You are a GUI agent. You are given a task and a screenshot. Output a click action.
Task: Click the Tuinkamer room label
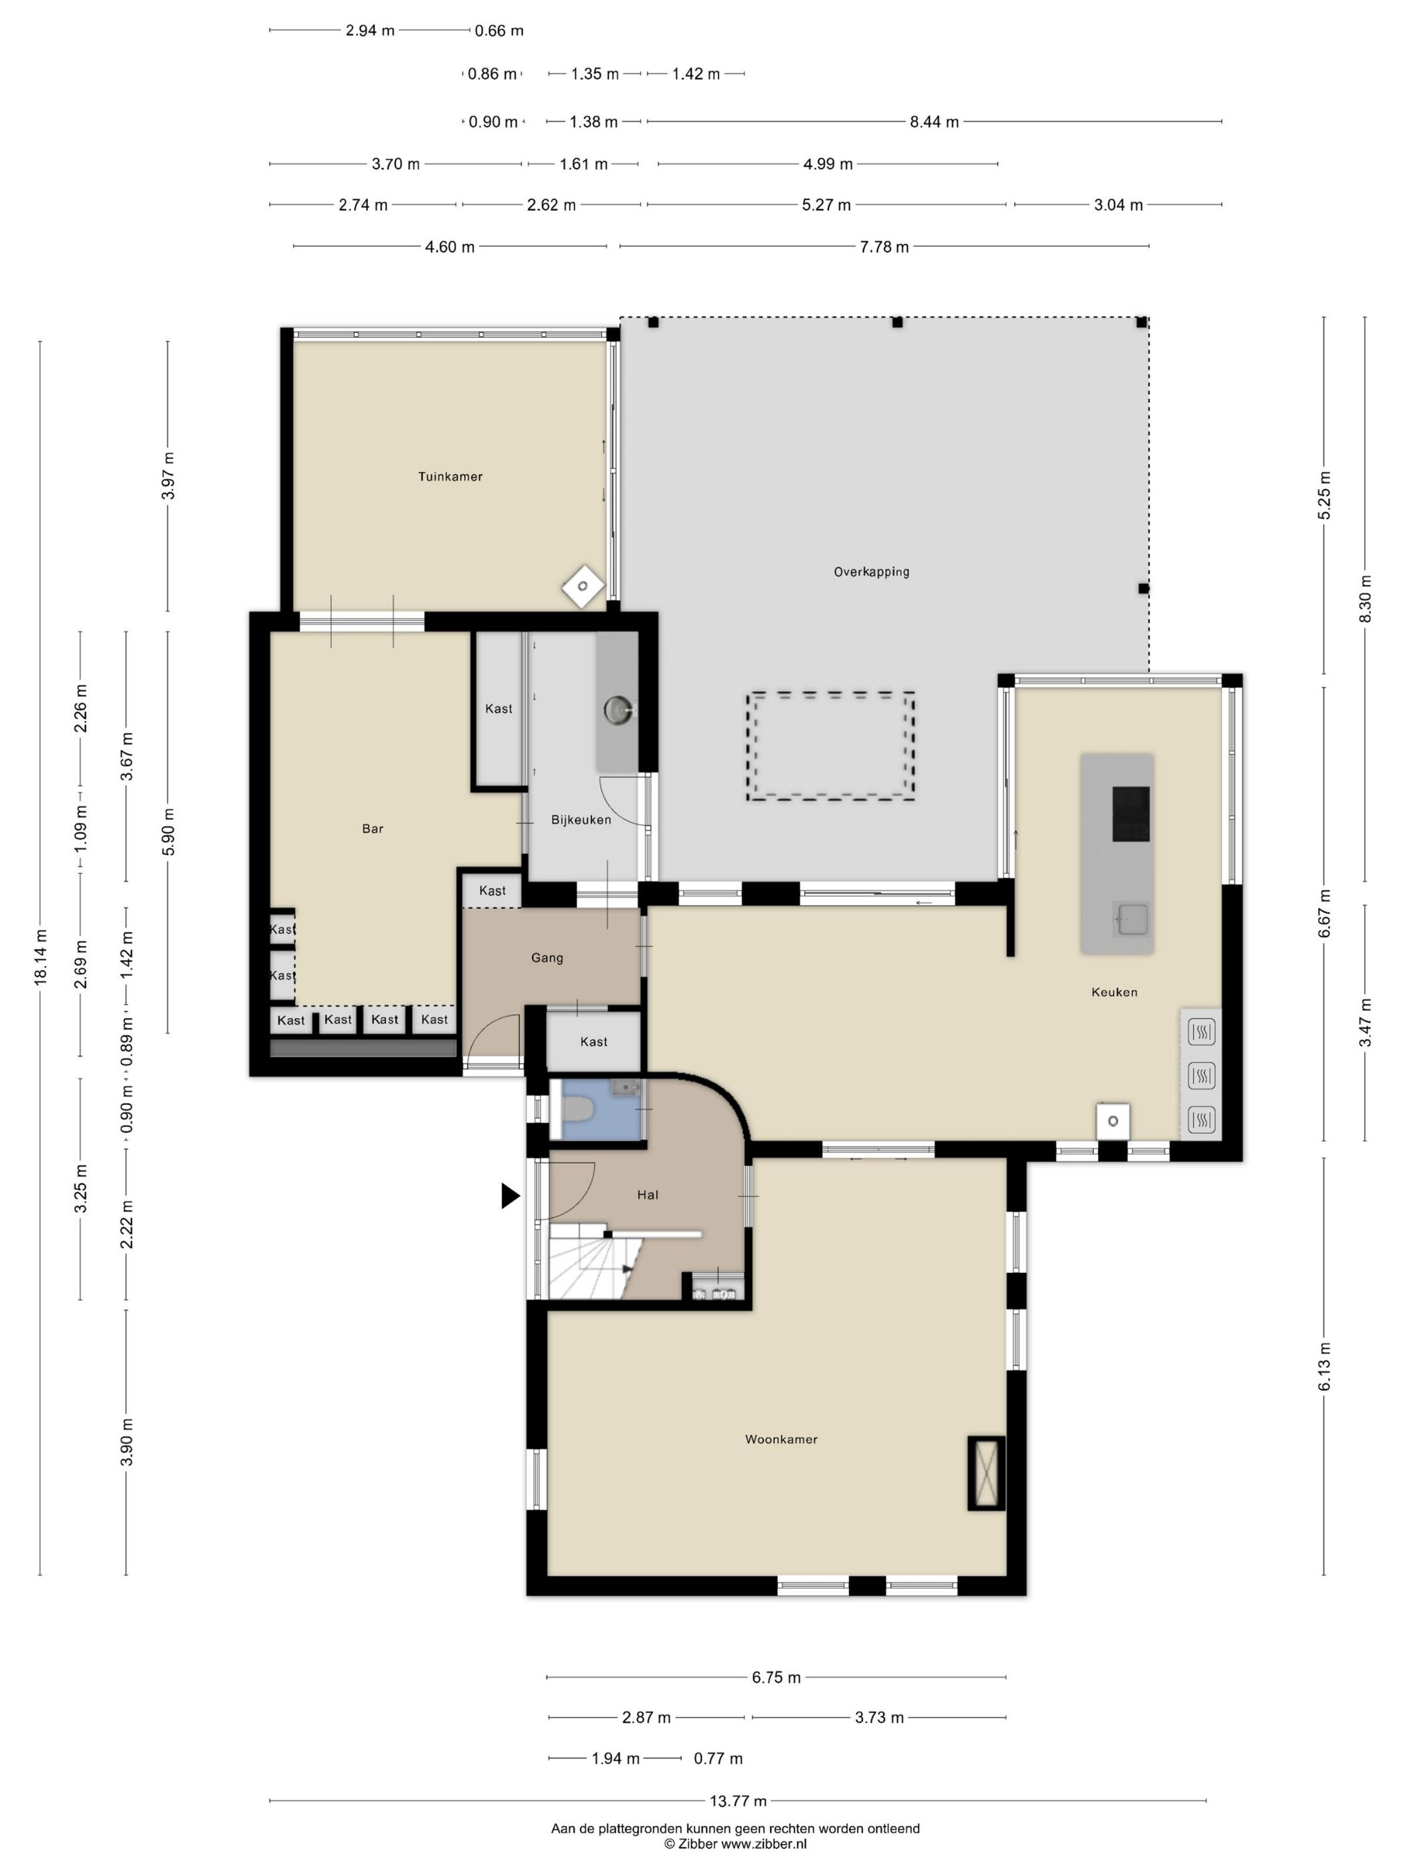tap(450, 477)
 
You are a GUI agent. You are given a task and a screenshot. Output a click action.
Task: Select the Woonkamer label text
tap(781, 1439)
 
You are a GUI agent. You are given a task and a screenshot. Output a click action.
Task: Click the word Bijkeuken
tap(581, 819)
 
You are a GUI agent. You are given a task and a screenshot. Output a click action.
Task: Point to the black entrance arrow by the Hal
tap(510, 1195)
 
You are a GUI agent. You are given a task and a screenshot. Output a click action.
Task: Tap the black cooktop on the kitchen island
tap(1131, 813)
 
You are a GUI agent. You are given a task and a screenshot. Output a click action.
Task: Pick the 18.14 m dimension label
tap(39, 957)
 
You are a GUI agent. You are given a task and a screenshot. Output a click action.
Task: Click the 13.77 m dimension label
tap(738, 1800)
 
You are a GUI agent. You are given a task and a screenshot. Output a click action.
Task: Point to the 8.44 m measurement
tap(934, 122)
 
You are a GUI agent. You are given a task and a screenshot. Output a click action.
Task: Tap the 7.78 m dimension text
tap(884, 248)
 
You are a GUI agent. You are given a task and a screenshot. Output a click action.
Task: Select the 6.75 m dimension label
tap(775, 1678)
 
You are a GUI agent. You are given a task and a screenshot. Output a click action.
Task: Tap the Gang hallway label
tap(547, 958)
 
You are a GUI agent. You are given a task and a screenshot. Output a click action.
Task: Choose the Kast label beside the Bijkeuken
tap(499, 708)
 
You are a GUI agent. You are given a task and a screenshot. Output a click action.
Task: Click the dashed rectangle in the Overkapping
tap(831, 746)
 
